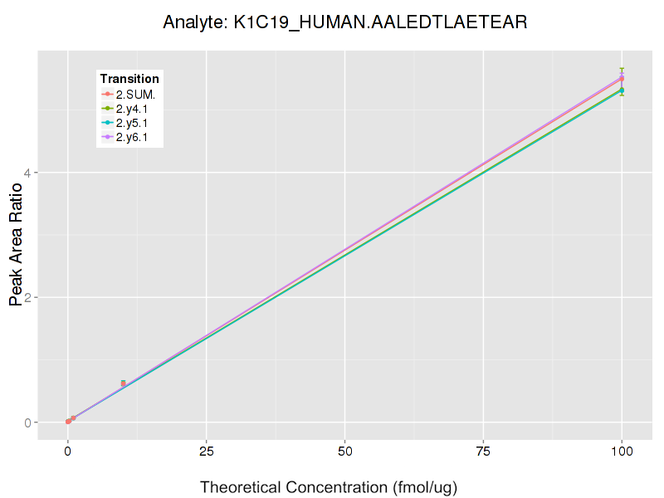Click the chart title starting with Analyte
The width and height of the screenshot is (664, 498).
click(344, 22)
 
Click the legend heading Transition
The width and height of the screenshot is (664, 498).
click(129, 79)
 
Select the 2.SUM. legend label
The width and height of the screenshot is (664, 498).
click(135, 94)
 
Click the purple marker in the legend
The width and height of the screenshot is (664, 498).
click(108, 137)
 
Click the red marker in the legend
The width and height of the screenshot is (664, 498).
click(108, 94)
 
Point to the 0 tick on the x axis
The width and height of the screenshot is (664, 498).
click(68, 452)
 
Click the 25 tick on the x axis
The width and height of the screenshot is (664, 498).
click(207, 452)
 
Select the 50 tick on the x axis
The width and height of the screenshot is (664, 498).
click(344, 452)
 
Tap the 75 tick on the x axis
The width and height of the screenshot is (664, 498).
click(483, 452)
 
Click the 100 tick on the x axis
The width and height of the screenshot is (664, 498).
click(622, 452)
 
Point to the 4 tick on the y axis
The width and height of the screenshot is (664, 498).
click(50, 173)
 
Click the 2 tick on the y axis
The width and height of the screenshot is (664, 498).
click(50, 297)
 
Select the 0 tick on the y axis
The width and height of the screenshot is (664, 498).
click(50, 422)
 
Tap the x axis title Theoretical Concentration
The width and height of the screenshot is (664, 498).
click(329, 486)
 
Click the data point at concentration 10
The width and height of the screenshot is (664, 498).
click(124, 383)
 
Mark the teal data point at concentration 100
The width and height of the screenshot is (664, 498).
click(622, 90)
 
